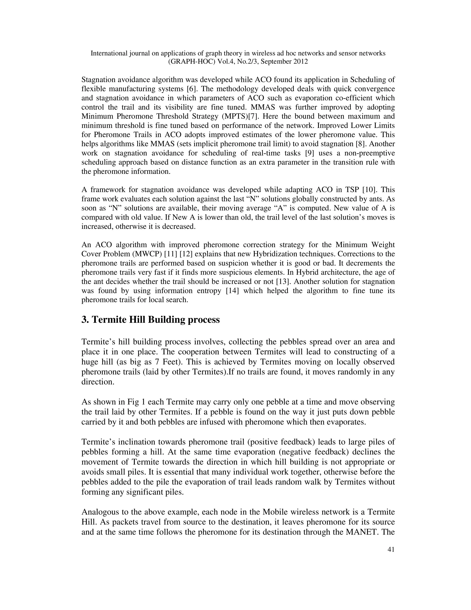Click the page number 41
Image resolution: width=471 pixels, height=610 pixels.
coord(391,550)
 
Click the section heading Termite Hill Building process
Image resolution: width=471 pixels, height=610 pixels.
coord(151,320)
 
